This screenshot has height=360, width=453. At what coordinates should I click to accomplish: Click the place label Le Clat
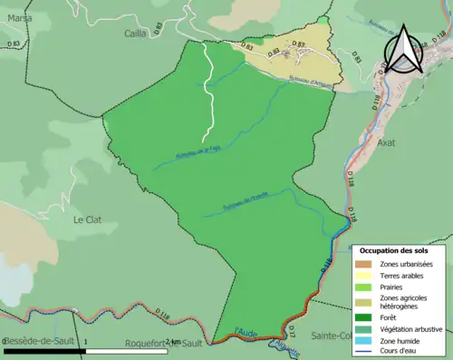[x=89, y=219]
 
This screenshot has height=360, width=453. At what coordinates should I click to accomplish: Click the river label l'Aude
[x=246, y=333]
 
